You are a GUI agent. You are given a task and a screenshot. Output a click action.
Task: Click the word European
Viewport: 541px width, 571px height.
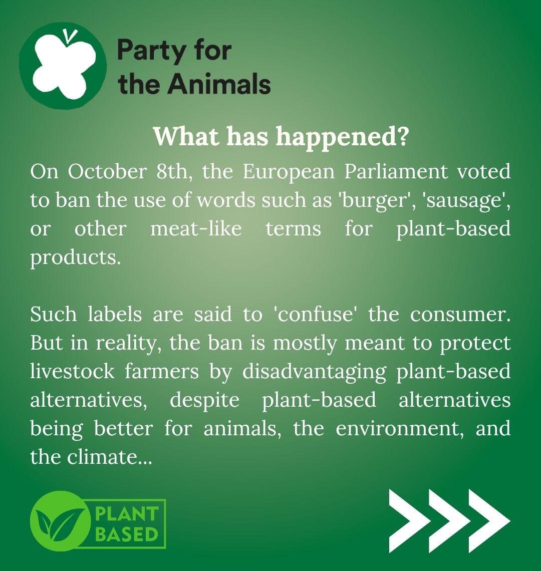click(289, 172)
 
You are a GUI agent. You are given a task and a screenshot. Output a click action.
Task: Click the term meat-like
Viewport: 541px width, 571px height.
click(196, 229)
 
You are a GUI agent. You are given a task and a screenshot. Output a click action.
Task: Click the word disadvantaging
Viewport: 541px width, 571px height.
click(314, 372)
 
